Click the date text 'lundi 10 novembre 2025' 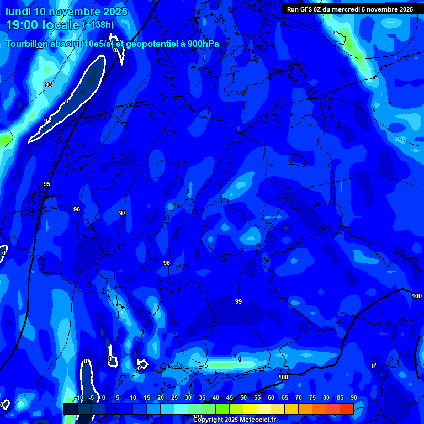click(x=66, y=12)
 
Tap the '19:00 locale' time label click(x=43, y=24)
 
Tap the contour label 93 click(x=49, y=84)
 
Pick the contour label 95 click(x=47, y=184)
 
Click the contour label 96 click(x=77, y=209)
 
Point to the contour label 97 click(x=123, y=213)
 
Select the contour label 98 click(x=167, y=263)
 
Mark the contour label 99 click(x=239, y=301)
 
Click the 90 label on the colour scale click(x=353, y=398)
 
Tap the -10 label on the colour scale click(x=79, y=398)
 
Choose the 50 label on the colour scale click(x=243, y=398)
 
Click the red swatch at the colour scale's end click(x=346, y=409)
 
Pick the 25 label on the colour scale click(x=174, y=398)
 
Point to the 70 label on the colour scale click(x=299, y=398)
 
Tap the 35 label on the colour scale click(x=202, y=398)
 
